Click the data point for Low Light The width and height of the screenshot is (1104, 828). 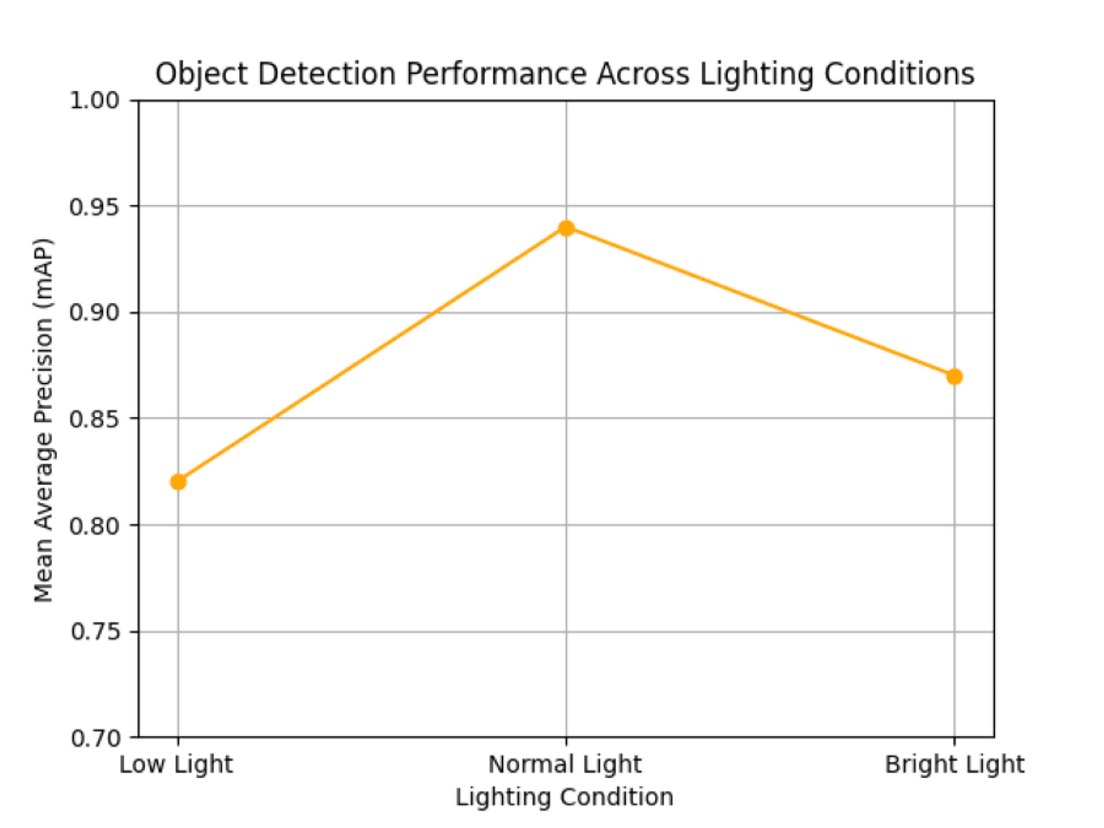point(178,482)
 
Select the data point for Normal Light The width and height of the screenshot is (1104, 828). point(566,228)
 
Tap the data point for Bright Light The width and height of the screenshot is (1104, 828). point(954,377)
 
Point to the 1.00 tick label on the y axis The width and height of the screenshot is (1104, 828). point(95,101)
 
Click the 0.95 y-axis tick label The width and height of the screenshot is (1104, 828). point(95,207)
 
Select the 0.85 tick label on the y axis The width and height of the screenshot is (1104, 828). point(95,419)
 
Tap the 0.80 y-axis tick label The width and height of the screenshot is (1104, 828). point(95,526)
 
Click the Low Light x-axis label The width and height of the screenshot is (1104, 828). point(176,765)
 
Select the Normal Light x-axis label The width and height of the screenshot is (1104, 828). point(565,765)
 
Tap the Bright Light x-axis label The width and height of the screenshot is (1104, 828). point(954,765)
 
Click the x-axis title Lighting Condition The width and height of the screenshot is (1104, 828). point(565,797)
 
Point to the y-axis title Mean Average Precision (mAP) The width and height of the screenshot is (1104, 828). point(43,420)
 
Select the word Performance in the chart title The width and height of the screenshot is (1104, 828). point(496,74)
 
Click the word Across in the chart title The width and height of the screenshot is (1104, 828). point(643,74)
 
